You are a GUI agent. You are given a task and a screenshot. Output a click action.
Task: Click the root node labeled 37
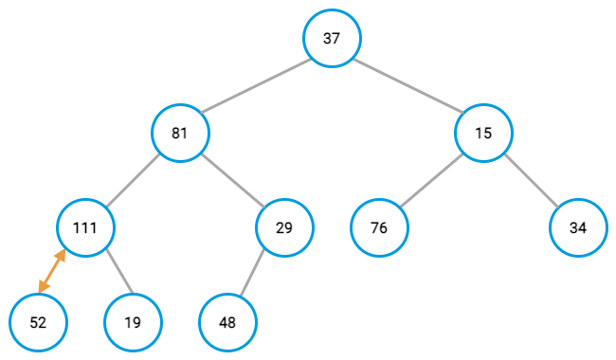pyautogui.click(x=332, y=38)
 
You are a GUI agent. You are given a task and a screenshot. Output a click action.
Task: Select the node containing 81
pyautogui.click(x=180, y=133)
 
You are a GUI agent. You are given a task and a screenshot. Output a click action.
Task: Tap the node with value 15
pyautogui.click(x=483, y=133)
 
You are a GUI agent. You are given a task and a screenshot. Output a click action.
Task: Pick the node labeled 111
pyautogui.click(x=85, y=227)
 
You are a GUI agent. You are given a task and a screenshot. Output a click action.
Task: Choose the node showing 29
pyautogui.click(x=284, y=227)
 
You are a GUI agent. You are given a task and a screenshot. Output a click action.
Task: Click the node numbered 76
pyautogui.click(x=379, y=227)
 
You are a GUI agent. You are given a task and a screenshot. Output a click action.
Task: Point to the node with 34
pyautogui.click(x=578, y=227)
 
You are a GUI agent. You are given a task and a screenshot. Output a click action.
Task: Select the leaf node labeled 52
pyautogui.click(x=38, y=322)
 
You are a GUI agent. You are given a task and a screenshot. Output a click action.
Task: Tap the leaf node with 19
pyautogui.click(x=133, y=322)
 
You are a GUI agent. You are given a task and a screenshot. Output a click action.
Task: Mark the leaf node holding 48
pyautogui.click(x=227, y=322)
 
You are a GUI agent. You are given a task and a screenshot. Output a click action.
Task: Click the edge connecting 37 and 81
pyautogui.click(x=256, y=85)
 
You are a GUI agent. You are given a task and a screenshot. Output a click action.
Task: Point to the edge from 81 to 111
pyautogui.click(x=133, y=180)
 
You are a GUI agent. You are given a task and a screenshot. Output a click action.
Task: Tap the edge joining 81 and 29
pyautogui.click(x=232, y=180)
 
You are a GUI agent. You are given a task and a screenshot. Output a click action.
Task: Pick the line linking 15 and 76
pyautogui.click(x=431, y=180)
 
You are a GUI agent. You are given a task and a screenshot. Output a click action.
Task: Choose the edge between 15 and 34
pyautogui.click(x=531, y=180)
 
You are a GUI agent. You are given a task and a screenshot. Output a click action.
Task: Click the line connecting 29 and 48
pyautogui.click(x=256, y=275)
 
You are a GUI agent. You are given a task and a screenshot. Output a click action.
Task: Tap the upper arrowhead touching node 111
pyautogui.click(x=62, y=255)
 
